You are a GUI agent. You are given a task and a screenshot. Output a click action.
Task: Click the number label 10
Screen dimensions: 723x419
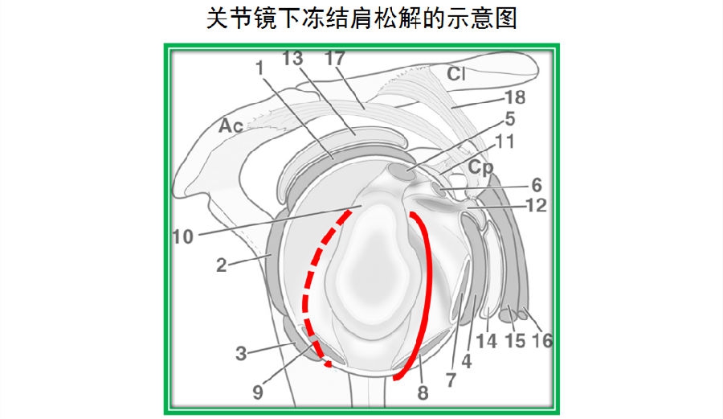pyautogui.click(x=182, y=236)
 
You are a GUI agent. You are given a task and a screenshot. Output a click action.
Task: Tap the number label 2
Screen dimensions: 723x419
pyautogui.click(x=222, y=265)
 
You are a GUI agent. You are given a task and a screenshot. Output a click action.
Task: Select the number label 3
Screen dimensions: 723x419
pyautogui.click(x=241, y=354)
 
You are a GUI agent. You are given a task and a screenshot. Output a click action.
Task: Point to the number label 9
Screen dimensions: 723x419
pyautogui.click(x=258, y=392)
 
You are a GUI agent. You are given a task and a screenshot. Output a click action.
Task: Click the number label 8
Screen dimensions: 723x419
pyautogui.click(x=423, y=393)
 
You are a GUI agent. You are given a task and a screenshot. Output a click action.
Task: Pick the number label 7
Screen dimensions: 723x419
pyautogui.click(x=451, y=380)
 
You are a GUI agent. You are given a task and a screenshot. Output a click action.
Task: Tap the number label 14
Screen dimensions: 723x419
pyautogui.click(x=486, y=342)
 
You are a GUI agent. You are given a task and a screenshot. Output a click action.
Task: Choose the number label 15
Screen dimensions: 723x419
pyautogui.click(x=515, y=342)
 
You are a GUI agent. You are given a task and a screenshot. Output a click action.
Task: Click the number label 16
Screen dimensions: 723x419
pyautogui.click(x=541, y=341)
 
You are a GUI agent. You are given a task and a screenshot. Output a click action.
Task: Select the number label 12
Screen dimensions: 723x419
pyautogui.click(x=537, y=205)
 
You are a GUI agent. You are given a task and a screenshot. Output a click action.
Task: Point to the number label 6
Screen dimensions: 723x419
pyautogui.click(x=537, y=185)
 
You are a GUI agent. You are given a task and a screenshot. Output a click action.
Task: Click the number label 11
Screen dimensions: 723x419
pyautogui.click(x=504, y=142)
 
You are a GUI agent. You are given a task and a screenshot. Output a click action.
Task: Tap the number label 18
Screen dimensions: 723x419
pyautogui.click(x=515, y=97)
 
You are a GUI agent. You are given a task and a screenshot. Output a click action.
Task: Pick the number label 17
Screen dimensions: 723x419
pyautogui.click(x=335, y=59)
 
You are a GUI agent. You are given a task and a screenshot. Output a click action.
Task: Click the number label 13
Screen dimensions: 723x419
pyautogui.click(x=292, y=59)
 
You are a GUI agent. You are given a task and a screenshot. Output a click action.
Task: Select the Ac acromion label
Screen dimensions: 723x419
pyautogui.click(x=231, y=125)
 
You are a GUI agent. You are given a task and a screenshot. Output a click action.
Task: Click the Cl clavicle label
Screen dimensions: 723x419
pyautogui.click(x=456, y=74)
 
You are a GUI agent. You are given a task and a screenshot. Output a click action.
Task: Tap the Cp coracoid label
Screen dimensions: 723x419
pyautogui.click(x=481, y=167)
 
